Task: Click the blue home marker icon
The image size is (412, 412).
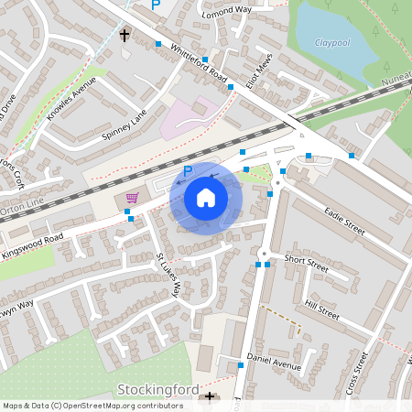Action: (206, 197)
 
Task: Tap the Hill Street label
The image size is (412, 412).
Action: (321, 309)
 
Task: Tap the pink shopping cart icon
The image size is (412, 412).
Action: (132, 197)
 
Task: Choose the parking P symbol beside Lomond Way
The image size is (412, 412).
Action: (156, 5)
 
